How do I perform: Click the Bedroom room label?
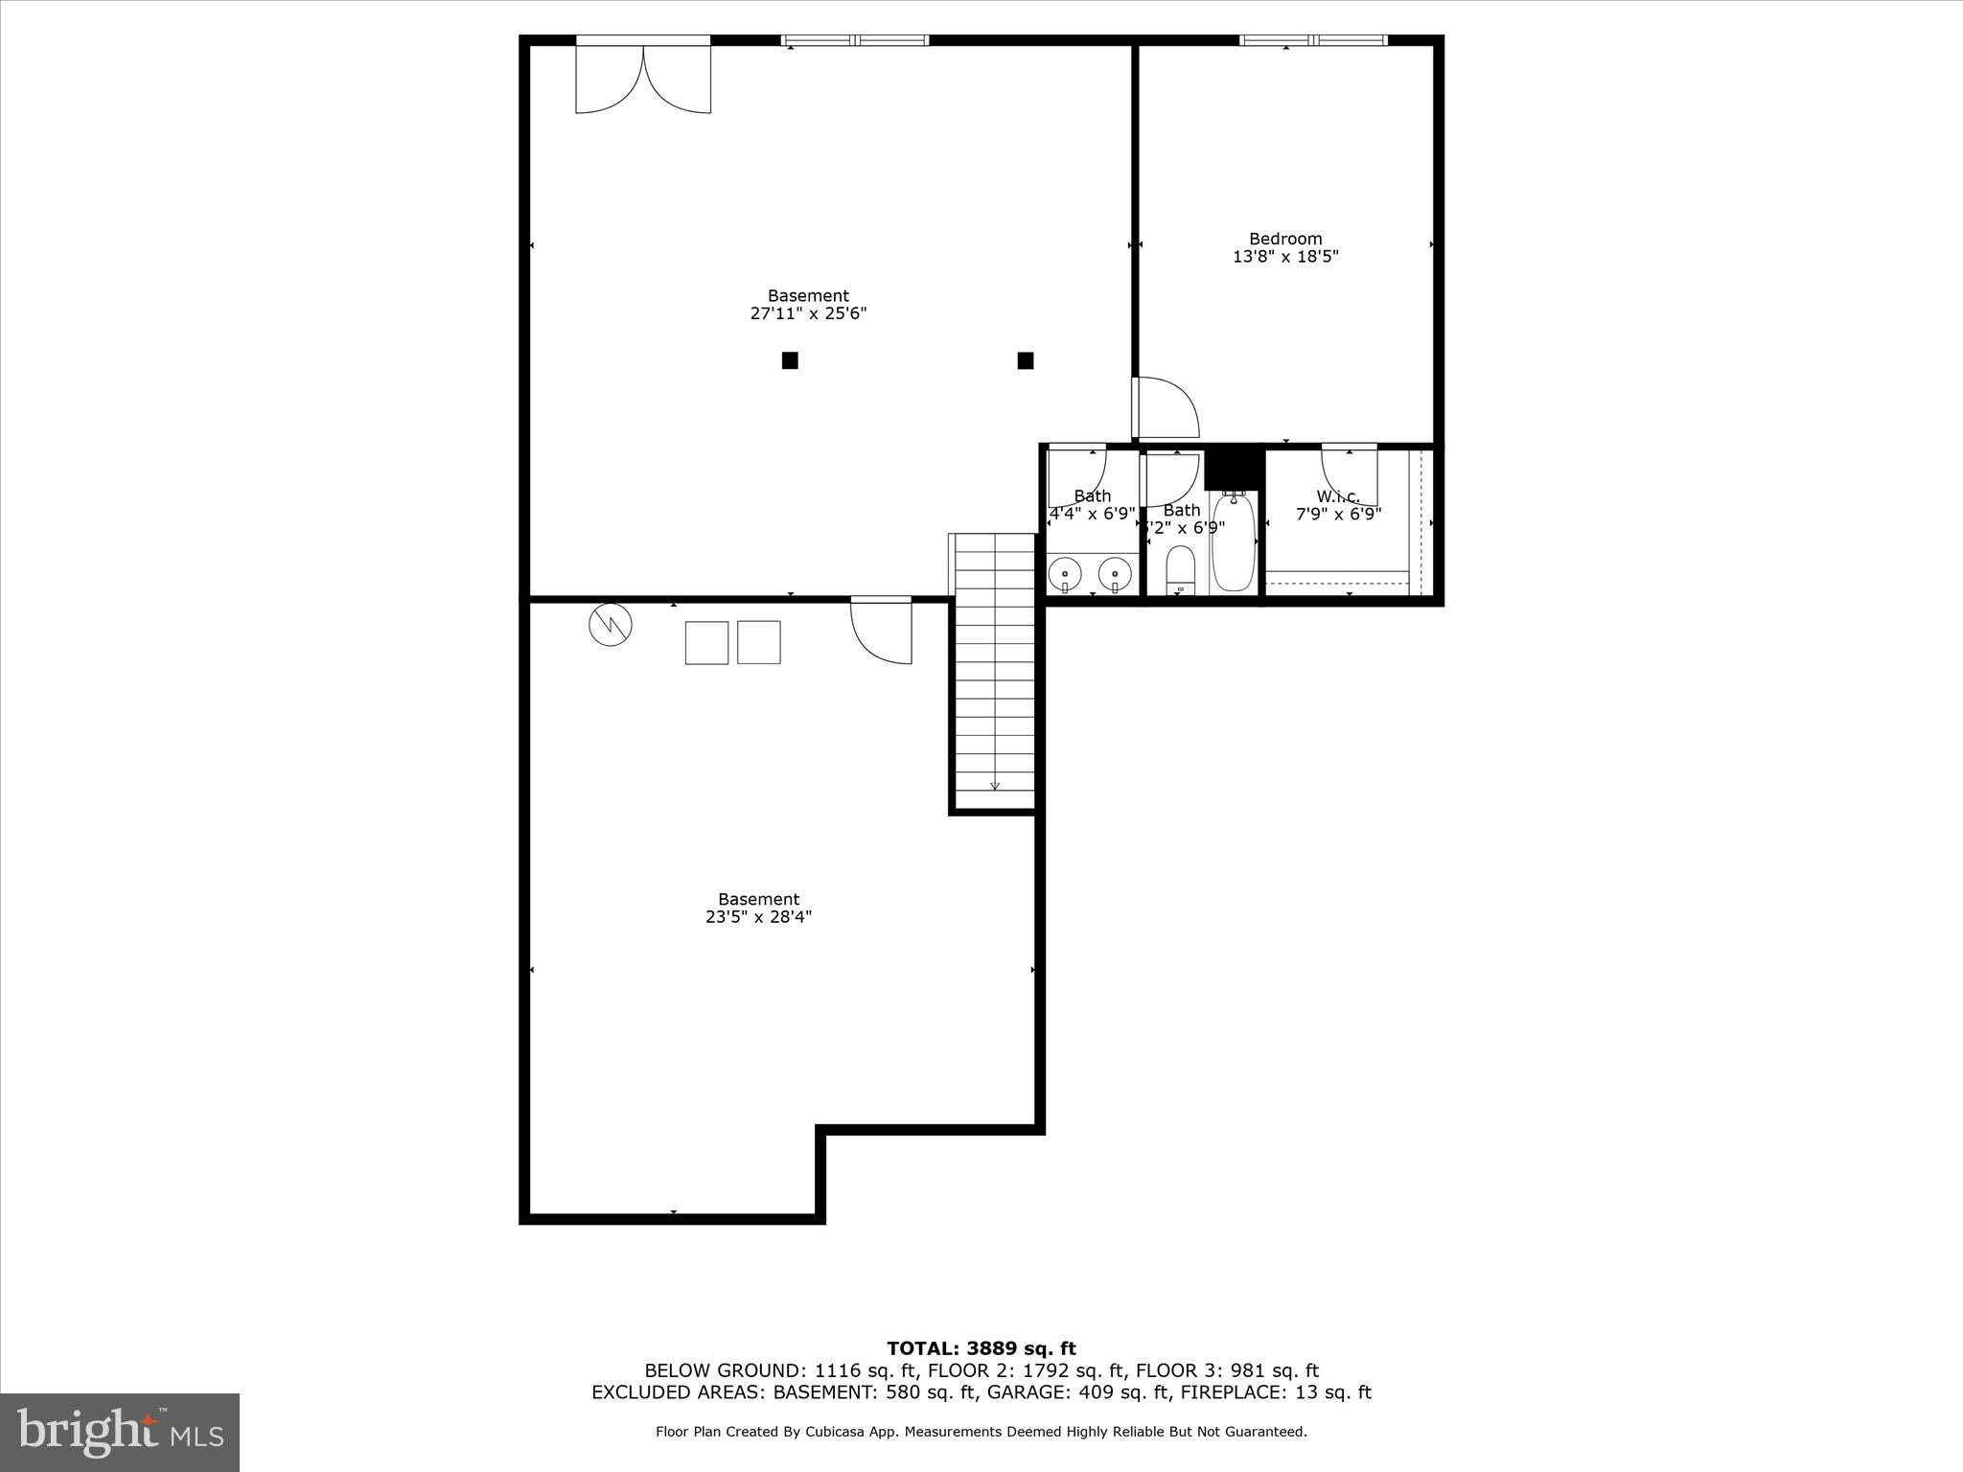point(1284,239)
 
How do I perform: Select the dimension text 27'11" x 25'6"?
point(808,313)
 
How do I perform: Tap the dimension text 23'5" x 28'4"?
point(758,917)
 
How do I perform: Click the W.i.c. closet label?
point(1338,496)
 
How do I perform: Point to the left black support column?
point(790,360)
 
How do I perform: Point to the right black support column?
point(1025,360)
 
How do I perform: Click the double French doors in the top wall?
point(643,79)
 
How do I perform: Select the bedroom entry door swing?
point(1166,407)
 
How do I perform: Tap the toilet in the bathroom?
point(1180,570)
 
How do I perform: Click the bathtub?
point(1233,542)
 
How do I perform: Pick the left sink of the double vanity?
point(1065,574)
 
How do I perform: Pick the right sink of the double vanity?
point(1115,574)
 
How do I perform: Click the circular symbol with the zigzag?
point(611,625)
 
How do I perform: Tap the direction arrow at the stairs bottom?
point(995,785)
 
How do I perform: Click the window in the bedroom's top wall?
point(1312,40)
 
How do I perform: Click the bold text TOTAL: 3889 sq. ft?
point(981,1349)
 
